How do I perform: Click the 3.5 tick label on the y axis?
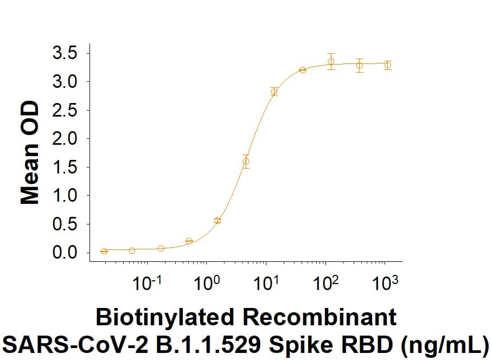pos(66,54)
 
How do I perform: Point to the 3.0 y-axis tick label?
pos(66,82)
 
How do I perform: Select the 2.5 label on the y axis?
pos(66,111)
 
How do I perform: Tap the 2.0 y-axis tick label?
pos(66,139)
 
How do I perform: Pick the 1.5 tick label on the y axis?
pos(66,168)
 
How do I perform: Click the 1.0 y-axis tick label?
pos(66,196)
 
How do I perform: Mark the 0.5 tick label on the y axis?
pos(66,224)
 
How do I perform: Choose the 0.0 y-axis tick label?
pos(66,253)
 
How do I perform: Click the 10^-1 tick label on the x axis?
pos(145,284)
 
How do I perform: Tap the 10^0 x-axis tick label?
pos(207,284)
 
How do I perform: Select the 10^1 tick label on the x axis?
pos(266,284)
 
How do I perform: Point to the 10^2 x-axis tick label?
pos(326,284)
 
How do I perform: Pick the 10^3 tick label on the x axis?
pos(386,284)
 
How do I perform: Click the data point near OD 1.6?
pos(246,161)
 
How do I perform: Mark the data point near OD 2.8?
pos(274,92)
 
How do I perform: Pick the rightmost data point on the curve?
pos(387,65)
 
